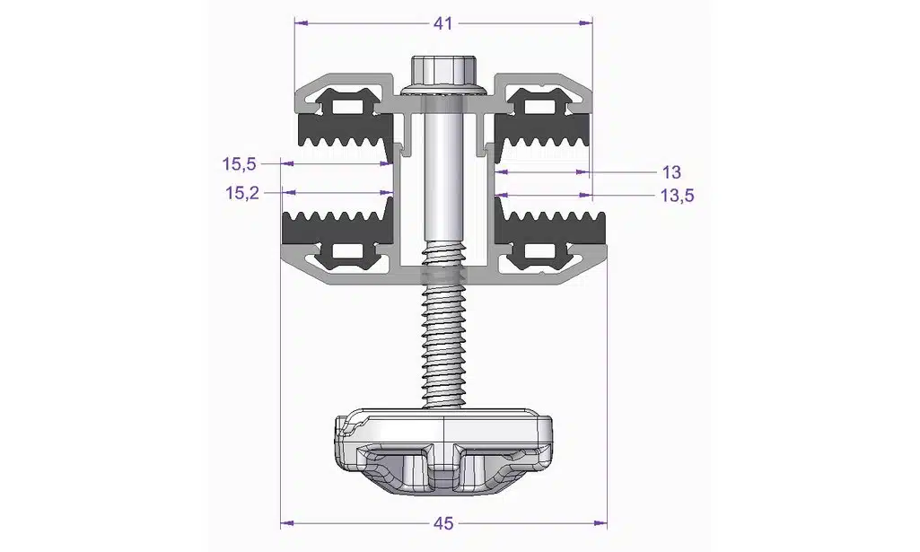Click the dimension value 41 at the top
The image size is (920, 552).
pos(443,23)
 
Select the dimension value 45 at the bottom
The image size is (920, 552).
pos(443,523)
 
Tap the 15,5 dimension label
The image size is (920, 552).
pos(239,164)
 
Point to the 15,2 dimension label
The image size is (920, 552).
pos(242,192)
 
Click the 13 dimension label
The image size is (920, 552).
pos(671,172)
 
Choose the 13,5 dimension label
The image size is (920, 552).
pos(677,196)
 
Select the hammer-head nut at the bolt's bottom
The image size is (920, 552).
pos(444,451)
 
